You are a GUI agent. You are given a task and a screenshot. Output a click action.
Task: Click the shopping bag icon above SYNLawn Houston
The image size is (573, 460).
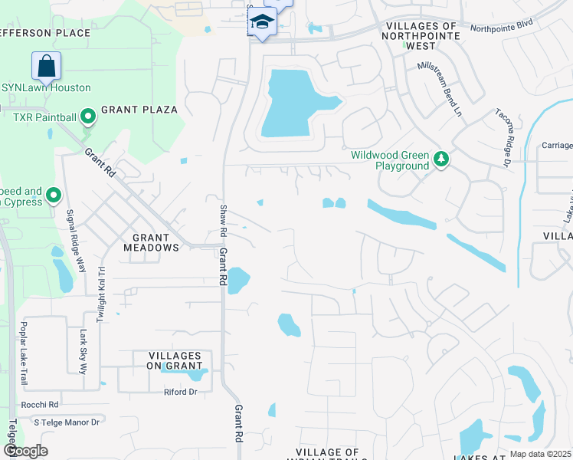point(46,65)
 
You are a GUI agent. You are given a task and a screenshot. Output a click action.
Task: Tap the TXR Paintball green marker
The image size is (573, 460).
point(88,117)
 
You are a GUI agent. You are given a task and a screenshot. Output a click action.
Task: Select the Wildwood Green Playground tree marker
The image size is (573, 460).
point(440,159)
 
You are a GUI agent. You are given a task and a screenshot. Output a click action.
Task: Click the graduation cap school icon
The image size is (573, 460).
point(262,22)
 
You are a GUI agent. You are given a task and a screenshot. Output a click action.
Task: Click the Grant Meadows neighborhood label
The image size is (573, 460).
point(151,242)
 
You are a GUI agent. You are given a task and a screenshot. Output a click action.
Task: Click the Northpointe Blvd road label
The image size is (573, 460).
point(501,29)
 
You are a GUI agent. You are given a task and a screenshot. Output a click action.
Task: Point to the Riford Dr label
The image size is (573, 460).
point(181,392)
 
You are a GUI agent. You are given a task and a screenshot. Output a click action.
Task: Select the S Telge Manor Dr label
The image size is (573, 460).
point(67,422)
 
